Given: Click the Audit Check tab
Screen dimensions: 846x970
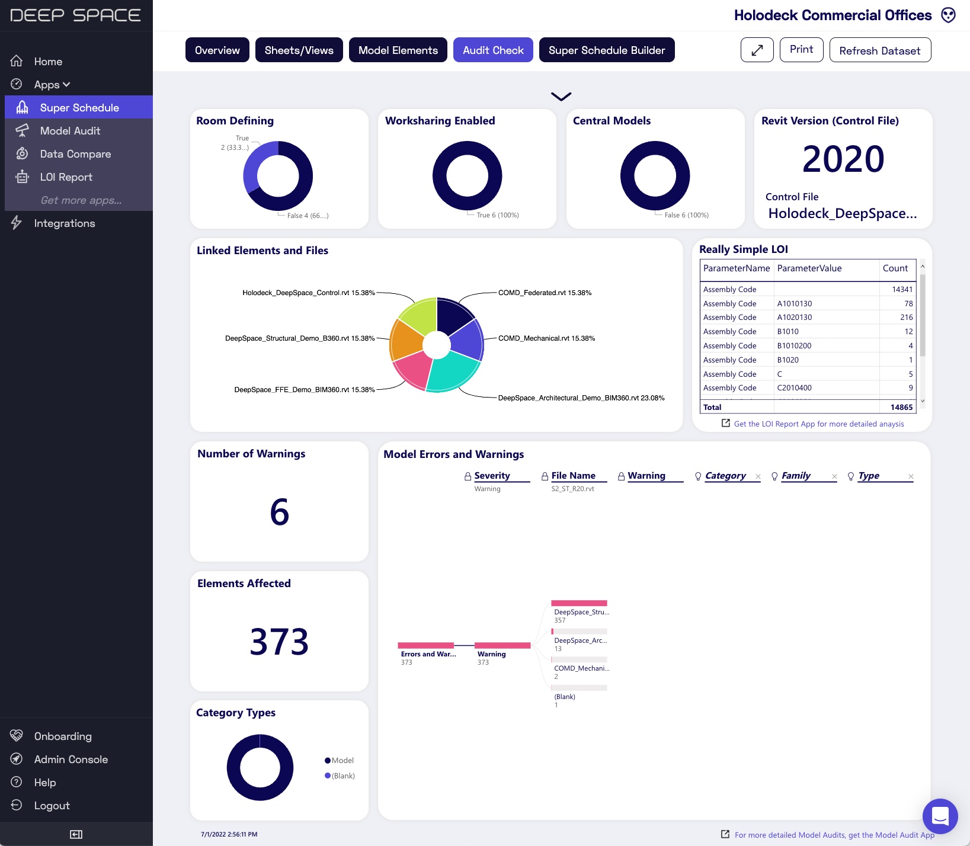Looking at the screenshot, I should click(x=493, y=50).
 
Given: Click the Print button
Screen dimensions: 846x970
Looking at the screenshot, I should click(x=801, y=50).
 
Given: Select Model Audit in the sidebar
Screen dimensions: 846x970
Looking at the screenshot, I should click(x=70, y=131).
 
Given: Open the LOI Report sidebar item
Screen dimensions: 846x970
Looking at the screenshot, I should click(x=66, y=177).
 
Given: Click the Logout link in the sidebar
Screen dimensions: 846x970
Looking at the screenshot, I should click(x=52, y=806).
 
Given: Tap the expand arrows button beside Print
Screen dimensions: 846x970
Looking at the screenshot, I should click(x=757, y=50).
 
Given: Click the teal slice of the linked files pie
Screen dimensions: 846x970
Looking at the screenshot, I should click(x=452, y=371).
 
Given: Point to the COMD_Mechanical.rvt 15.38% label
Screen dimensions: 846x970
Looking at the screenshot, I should click(x=546, y=338).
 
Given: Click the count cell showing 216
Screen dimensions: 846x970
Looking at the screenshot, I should click(x=906, y=318).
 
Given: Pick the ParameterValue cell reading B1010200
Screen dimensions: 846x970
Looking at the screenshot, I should click(x=794, y=346).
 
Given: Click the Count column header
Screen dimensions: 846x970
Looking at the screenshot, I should click(x=895, y=268).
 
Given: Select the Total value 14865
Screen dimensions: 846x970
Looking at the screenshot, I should click(x=901, y=408).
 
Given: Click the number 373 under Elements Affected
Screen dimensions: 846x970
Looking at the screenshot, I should click(x=279, y=642).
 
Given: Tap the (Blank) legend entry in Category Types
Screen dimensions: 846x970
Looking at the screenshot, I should click(x=342, y=776).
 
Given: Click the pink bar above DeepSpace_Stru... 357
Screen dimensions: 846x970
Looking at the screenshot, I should click(x=579, y=603).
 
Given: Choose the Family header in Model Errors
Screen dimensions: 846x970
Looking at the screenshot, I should click(x=796, y=476).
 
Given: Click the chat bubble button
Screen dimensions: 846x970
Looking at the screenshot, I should click(x=940, y=816).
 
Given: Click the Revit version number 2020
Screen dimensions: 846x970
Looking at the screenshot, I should click(x=843, y=159).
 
